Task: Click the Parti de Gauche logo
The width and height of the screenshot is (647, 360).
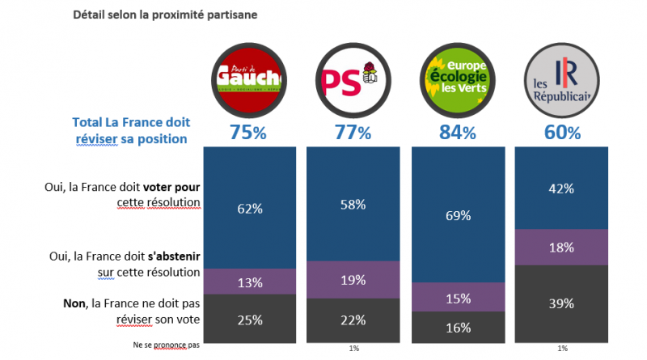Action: pos(250,78)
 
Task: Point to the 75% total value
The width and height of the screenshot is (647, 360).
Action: pos(249,133)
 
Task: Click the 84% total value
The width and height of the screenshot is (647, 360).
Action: pos(458,133)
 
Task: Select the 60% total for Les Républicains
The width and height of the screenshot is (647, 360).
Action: pos(560,133)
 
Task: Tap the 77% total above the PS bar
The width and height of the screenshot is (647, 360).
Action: pos(353,133)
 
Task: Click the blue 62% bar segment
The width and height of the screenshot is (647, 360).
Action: pos(250,207)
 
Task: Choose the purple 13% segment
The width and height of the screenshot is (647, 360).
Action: pos(250,281)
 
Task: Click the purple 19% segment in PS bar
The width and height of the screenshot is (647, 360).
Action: pos(353,281)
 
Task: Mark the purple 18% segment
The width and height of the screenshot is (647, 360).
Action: pos(560,247)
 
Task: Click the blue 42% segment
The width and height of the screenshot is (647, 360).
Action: pos(560,188)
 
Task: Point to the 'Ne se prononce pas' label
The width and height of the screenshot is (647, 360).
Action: pos(166,345)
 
